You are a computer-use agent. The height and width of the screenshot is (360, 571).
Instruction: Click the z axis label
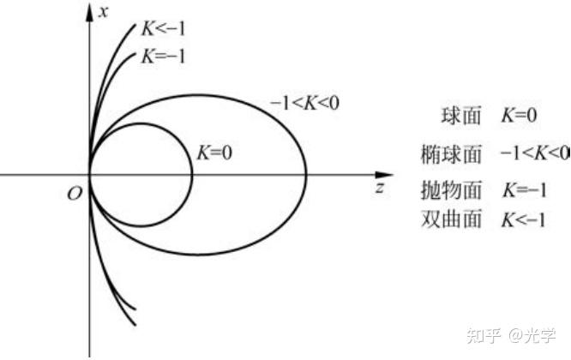(x=378, y=188)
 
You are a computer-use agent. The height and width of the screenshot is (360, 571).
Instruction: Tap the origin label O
(x=75, y=194)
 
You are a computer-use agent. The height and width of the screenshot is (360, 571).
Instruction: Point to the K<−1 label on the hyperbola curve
(x=164, y=28)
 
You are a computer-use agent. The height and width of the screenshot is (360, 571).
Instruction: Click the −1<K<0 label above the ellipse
(x=305, y=103)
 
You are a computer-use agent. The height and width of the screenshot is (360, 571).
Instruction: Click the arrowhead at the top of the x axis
(x=90, y=10)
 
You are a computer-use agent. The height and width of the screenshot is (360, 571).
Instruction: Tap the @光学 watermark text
(x=533, y=334)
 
